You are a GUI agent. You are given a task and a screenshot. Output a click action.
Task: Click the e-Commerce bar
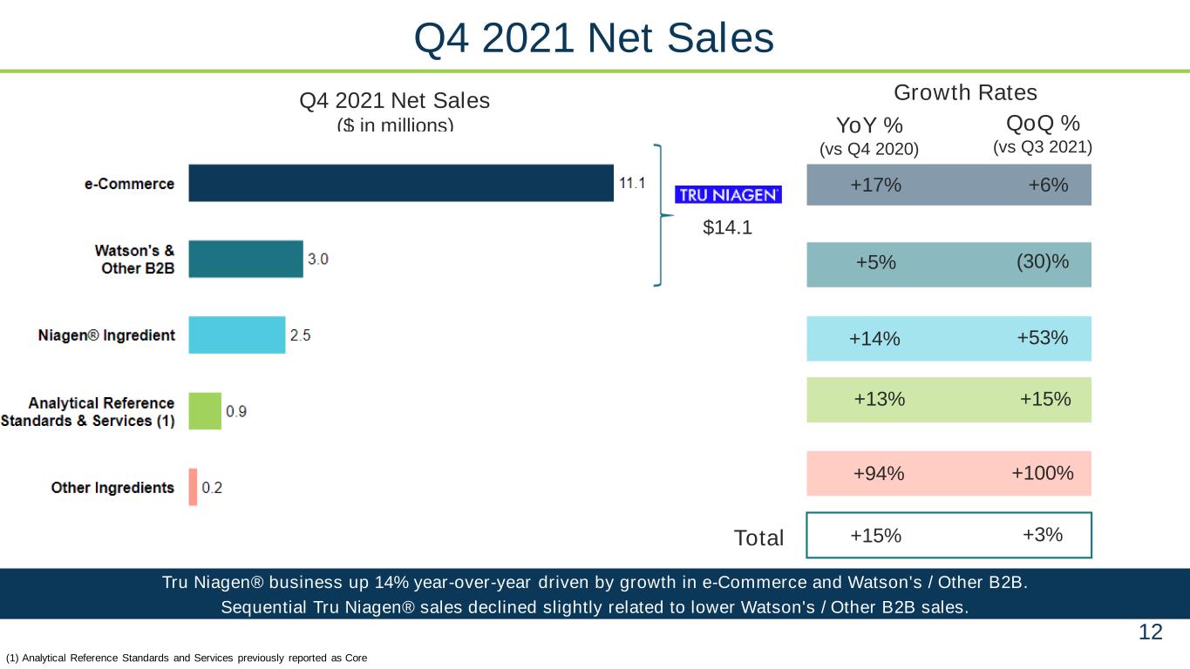click(401, 183)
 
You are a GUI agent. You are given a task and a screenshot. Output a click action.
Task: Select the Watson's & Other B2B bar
click(246, 259)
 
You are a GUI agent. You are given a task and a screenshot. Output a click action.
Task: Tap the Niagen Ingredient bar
click(237, 334)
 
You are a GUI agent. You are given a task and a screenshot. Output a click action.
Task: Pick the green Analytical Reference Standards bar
click(205, 411)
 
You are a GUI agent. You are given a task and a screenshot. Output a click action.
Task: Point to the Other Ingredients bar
click(193, 487)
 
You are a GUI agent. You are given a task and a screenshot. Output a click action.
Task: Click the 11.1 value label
click(632, 183)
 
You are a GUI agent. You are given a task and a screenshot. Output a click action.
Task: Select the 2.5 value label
click(300, 335)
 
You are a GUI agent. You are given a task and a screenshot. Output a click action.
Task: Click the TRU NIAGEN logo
click(728, 195)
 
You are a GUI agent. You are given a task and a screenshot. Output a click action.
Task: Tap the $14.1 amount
click(727, 227)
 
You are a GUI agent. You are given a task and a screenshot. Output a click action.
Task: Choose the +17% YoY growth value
click(875, 185)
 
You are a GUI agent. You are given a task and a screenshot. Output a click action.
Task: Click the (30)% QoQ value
click(1043, 261)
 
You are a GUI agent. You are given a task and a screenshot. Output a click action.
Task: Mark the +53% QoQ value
click(1043, 338)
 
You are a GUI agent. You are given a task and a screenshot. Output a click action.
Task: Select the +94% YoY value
click(879, 473)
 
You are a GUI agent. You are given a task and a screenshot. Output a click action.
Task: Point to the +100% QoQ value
click(1043, 472)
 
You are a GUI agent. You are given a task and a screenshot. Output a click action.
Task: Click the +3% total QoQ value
click(1043, 534)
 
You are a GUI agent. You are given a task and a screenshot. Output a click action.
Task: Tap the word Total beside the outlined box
click(758, 537)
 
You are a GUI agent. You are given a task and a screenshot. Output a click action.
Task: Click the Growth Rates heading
click(965, 92)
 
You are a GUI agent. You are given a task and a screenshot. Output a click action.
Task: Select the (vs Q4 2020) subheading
click(869, 149)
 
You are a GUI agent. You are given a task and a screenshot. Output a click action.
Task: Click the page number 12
click(1151, 632)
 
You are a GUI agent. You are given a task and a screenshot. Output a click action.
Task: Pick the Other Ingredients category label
click(112, 488)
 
